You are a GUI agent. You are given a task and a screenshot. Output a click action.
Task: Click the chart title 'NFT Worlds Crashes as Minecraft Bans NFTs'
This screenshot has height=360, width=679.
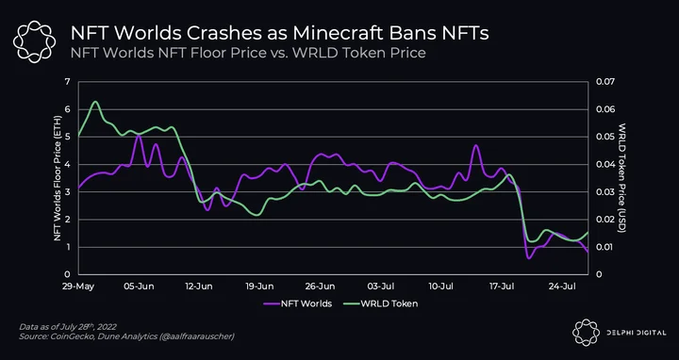(279, 33)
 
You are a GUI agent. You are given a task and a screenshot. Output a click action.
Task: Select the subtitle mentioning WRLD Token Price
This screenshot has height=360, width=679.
(248, 53)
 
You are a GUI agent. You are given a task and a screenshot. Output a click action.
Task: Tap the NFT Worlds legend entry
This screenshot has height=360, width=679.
(297, 303)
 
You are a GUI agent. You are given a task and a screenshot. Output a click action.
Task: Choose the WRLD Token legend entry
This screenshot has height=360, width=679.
(381, 303)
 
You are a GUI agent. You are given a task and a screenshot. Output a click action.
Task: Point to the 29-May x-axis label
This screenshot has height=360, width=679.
(79, 286)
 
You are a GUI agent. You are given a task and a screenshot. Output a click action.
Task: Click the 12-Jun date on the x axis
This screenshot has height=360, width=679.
(198, 286)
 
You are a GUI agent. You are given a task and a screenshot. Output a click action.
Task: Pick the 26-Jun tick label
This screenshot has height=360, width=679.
(320, 286)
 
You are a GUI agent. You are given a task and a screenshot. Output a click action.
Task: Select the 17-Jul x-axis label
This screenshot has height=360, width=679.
(503, 286)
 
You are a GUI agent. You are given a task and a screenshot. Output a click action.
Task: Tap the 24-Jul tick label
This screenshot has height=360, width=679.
(563, 286)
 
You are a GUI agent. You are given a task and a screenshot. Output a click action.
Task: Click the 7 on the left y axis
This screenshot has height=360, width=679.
(67, 82)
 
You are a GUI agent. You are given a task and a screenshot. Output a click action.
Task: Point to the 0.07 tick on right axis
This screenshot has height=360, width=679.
(604, 82)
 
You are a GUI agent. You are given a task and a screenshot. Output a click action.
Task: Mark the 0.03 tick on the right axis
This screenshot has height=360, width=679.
(604, 192)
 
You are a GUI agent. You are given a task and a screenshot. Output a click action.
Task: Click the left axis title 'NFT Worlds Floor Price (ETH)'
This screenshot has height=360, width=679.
(58, 178)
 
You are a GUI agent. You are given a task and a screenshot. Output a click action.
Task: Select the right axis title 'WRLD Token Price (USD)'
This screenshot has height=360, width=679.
(622, 178)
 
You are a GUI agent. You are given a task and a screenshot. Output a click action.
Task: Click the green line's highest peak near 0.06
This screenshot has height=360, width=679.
(95, 102)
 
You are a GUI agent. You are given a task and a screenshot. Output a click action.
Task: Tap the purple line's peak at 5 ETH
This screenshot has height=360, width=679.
(139, 135)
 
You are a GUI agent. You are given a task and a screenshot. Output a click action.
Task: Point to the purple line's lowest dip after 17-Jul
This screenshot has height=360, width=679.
(529, 258)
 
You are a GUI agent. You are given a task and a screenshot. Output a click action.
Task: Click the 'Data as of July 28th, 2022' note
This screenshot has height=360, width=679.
(68, 327)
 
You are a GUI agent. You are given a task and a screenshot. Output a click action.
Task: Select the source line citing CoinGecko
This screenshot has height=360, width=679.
(126, 336)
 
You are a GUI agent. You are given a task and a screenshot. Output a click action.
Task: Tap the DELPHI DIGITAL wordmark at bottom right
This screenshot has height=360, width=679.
(637, 333)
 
